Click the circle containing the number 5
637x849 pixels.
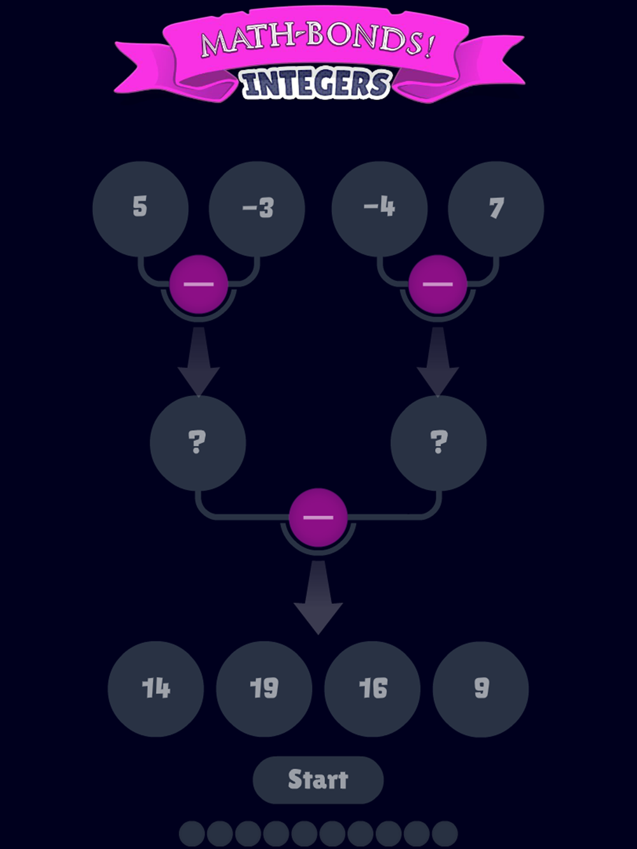point(140,208)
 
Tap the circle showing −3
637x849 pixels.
point(257,208)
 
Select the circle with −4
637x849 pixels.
point(380,208)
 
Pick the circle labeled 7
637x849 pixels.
point(496,208)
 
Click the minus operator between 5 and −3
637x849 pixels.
point(199,284)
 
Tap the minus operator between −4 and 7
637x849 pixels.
point(438,284)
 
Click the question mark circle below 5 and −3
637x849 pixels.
point(197,442)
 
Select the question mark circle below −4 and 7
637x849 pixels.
point(438,442)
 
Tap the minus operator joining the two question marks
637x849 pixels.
point(318,517)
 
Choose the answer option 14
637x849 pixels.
point(156,689)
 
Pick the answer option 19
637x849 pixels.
point(264,689)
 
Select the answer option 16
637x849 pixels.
point(373,689)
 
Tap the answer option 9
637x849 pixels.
point(481,689)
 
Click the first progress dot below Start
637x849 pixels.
point(192,834)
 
